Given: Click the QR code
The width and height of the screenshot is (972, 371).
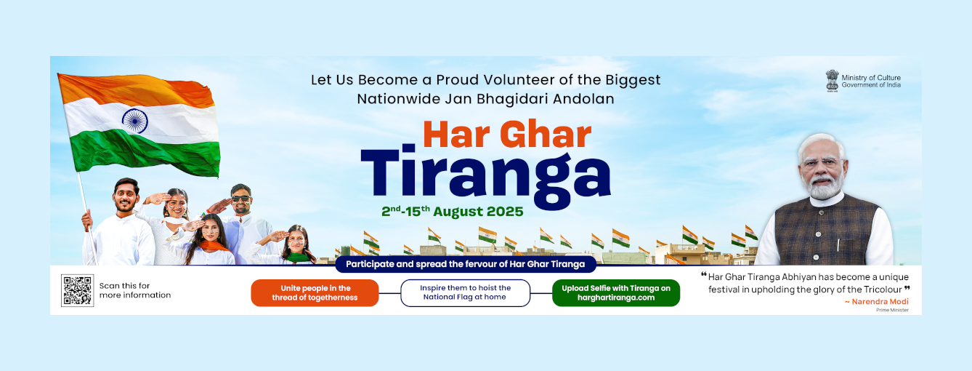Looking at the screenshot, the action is (77, 290).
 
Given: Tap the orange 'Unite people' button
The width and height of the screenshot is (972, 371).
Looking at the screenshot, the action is (315, 293).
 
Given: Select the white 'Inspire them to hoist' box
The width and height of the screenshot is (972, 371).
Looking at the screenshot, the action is (465, 293).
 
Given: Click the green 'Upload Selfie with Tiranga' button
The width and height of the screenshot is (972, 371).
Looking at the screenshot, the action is (616, 293).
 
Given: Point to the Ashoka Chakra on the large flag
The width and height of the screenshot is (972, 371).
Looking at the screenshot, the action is (134, 121).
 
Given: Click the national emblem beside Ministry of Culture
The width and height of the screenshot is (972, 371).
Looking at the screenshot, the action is (832, 81).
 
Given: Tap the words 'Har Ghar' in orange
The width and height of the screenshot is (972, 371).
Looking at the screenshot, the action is (507, 135).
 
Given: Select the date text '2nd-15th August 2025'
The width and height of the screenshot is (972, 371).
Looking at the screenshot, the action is (452, 211).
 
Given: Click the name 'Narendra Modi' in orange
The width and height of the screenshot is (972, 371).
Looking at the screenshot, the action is (880, 301).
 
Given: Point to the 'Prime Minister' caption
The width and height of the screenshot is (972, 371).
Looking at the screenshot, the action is (892, 310).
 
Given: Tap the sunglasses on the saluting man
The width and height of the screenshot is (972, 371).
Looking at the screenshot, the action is (241, 199).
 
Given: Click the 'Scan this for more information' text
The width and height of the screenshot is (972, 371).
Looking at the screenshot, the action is (135, 290).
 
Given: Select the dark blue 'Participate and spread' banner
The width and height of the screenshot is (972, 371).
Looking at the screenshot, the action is (465, 264).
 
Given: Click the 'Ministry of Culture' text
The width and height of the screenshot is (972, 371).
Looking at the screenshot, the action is (871, 78).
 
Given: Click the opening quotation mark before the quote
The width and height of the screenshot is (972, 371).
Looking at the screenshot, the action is (703, 274).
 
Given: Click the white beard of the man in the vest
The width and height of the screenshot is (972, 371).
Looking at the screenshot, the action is (823, 187).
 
